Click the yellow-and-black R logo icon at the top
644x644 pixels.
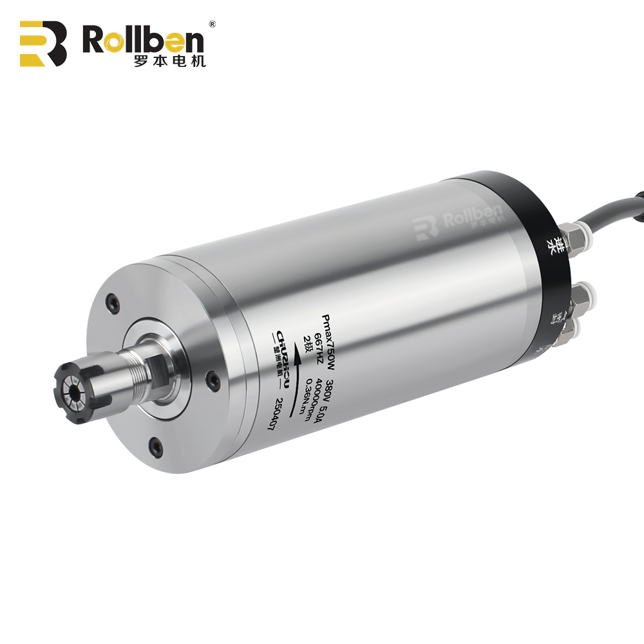43,43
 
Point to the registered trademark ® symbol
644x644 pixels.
212,24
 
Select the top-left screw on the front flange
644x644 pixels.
114,300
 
